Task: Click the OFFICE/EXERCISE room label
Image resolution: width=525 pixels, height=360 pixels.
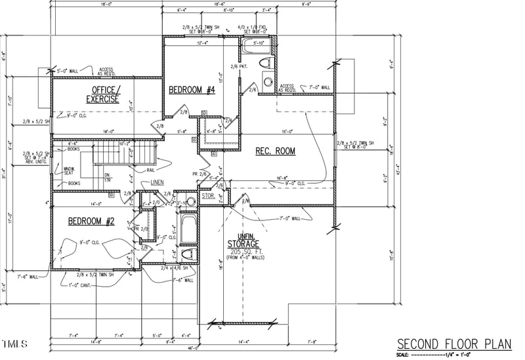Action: tap(104, 94)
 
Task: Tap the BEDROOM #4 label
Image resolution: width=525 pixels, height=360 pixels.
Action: tap(192, 90)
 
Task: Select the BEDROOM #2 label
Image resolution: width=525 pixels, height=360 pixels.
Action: tap(92, 222)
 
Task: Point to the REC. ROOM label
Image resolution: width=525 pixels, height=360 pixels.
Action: tap(275, 151)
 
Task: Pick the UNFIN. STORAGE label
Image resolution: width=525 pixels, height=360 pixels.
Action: tap(243, 241)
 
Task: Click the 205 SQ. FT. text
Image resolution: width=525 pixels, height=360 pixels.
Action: tap(243, 251)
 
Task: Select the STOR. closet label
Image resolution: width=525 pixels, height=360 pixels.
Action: tap(208, 195)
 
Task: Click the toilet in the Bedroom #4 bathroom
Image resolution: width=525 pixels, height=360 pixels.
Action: tap(266, 64)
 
